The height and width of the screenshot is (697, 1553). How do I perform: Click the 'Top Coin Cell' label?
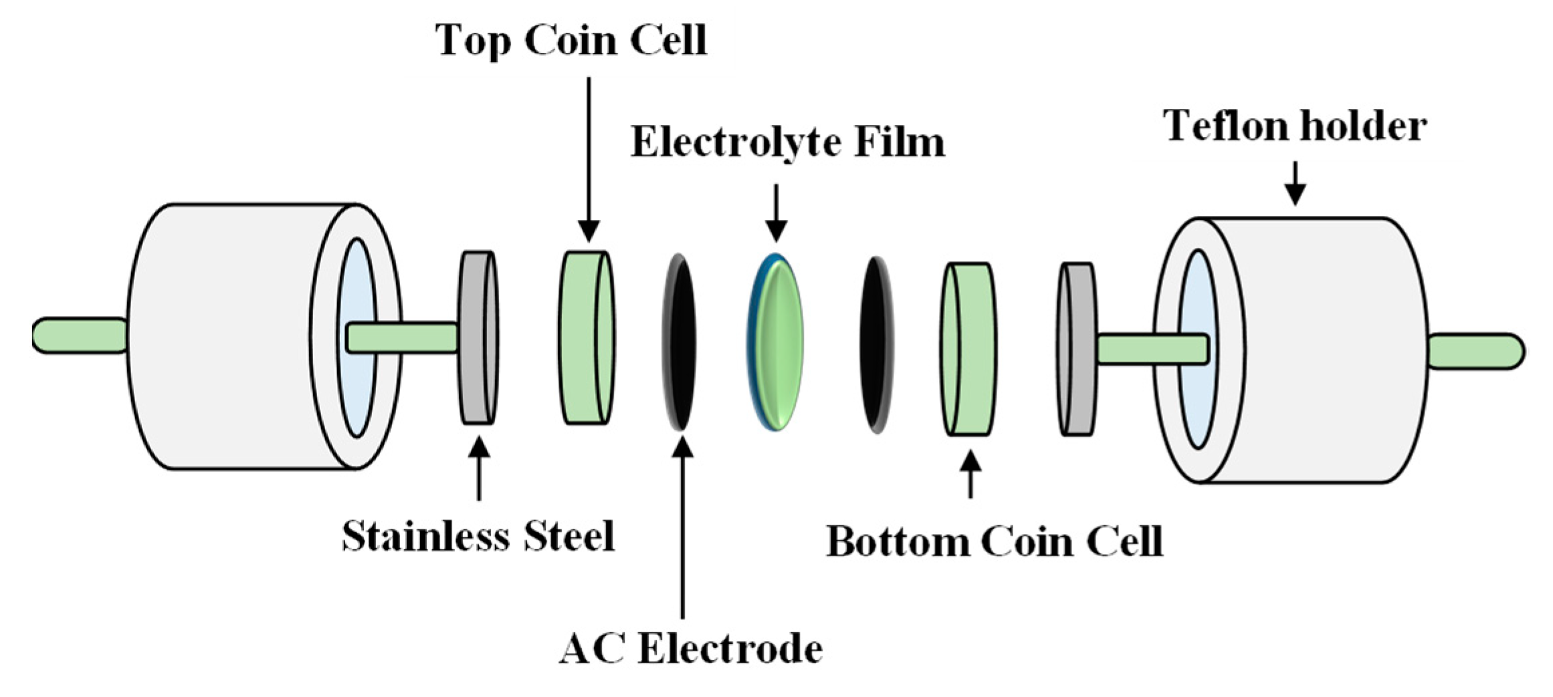[x=571, y=40]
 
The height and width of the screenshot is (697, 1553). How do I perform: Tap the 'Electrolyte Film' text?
[x=787, y=142]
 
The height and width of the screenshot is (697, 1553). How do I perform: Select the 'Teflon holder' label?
[x=1296, y=126]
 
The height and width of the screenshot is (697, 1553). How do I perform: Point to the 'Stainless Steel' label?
[x=478, y=536]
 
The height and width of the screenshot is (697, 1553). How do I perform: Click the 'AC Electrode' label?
[x=690, y=648]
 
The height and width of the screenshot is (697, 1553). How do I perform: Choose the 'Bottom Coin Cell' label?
[x=995, y=541]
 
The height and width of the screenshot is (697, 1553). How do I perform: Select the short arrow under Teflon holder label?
[x=1296, y=183]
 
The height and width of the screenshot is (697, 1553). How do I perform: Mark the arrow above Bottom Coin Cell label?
[x=970, y=474]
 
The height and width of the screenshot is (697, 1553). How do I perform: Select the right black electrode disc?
[x=876, y=344]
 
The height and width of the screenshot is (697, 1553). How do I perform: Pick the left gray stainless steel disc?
[x=478, y=337]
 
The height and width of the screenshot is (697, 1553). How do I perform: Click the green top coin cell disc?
[x=587, y=337]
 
